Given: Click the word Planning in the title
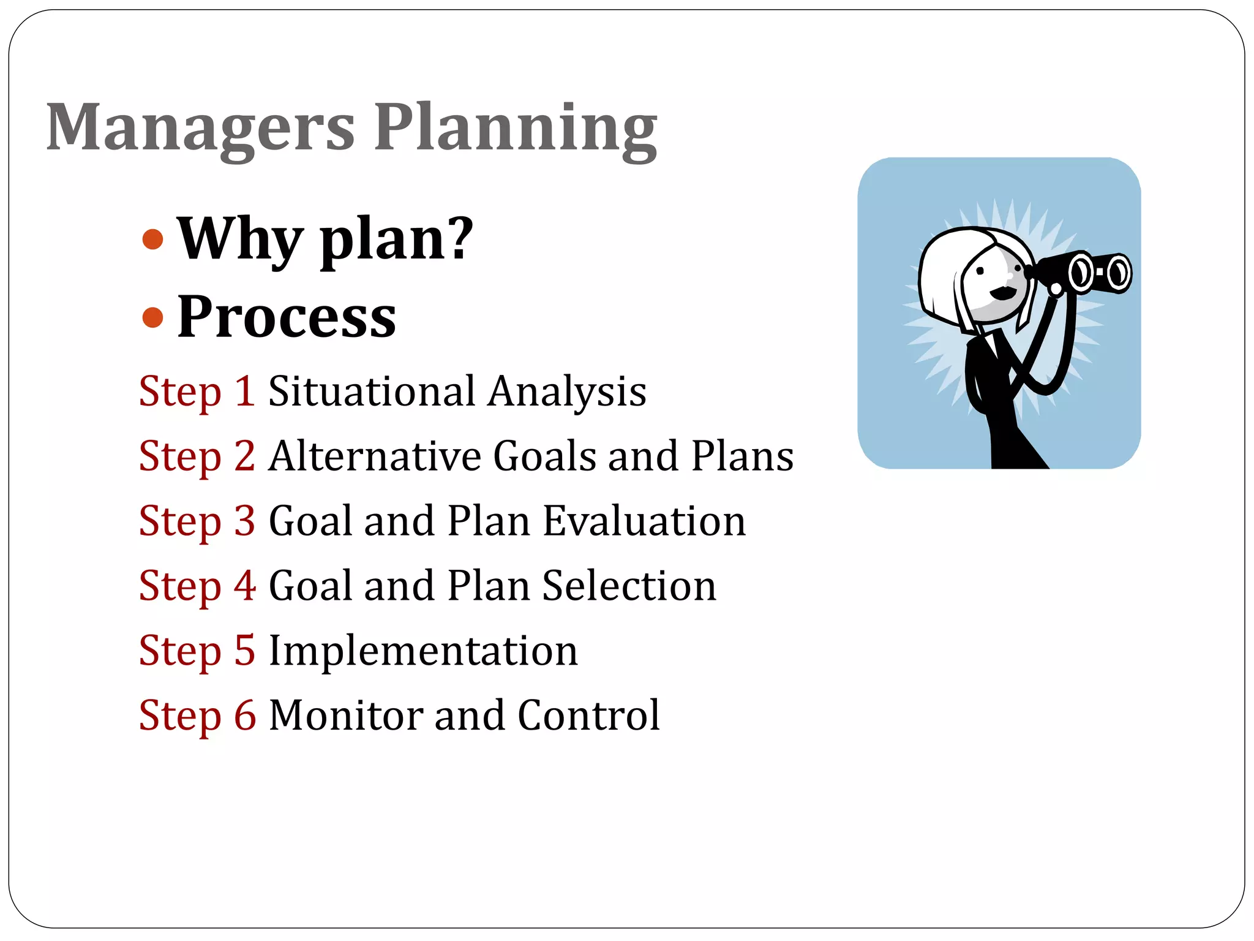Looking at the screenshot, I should pos(516,129).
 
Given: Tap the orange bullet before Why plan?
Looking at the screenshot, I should pos(152,240).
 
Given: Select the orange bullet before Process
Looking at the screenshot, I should pos(152,317).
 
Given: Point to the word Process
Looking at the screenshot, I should pos(287,317).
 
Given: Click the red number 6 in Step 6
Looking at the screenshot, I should pos(245,716).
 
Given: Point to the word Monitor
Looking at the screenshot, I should pos(345,716).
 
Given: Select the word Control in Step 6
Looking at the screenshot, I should pos(588,716).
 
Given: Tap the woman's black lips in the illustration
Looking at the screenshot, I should pos(1002,293).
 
